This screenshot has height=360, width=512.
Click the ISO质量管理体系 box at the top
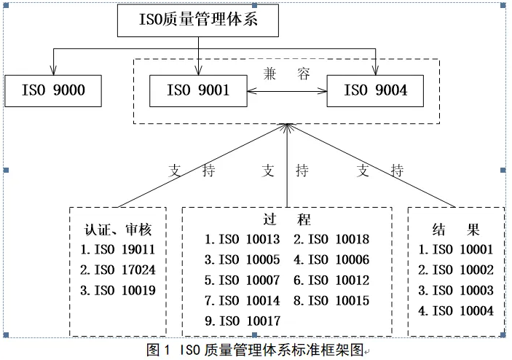[198, 20]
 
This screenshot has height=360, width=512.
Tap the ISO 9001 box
[198, 91]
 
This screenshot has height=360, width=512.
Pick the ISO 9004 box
[376, 91]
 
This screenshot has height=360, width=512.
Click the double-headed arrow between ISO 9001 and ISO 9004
[287, 91]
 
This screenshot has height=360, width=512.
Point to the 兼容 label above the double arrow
[287, 74]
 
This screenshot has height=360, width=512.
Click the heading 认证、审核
[118, 230]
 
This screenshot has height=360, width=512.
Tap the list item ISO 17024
[118, 270]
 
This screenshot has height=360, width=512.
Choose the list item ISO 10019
[118, 290]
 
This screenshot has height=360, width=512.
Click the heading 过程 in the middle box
[287, 219]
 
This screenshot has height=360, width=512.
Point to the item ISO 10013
[242, 239]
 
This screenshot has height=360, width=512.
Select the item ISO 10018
[331, 239]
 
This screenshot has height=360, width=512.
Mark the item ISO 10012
[331, 280]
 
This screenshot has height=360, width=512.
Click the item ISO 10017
[242, 320]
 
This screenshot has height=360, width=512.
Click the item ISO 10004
[457, 310]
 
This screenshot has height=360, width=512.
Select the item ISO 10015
[331, 300]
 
